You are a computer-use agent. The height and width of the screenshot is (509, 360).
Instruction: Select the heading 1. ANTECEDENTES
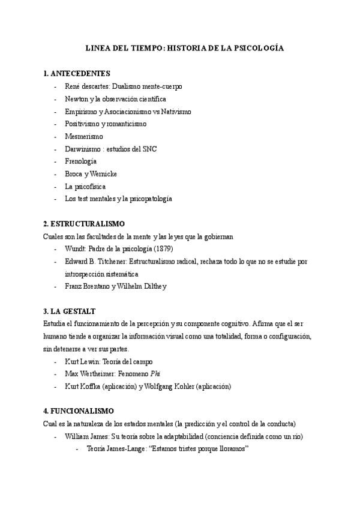77,74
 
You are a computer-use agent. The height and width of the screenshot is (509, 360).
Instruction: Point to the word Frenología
81,161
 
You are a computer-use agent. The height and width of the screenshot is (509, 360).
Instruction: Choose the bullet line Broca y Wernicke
91,174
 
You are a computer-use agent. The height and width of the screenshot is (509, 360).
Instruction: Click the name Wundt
75,249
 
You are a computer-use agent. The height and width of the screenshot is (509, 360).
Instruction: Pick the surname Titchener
113,262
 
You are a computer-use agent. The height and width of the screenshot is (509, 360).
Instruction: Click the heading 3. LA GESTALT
70,312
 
